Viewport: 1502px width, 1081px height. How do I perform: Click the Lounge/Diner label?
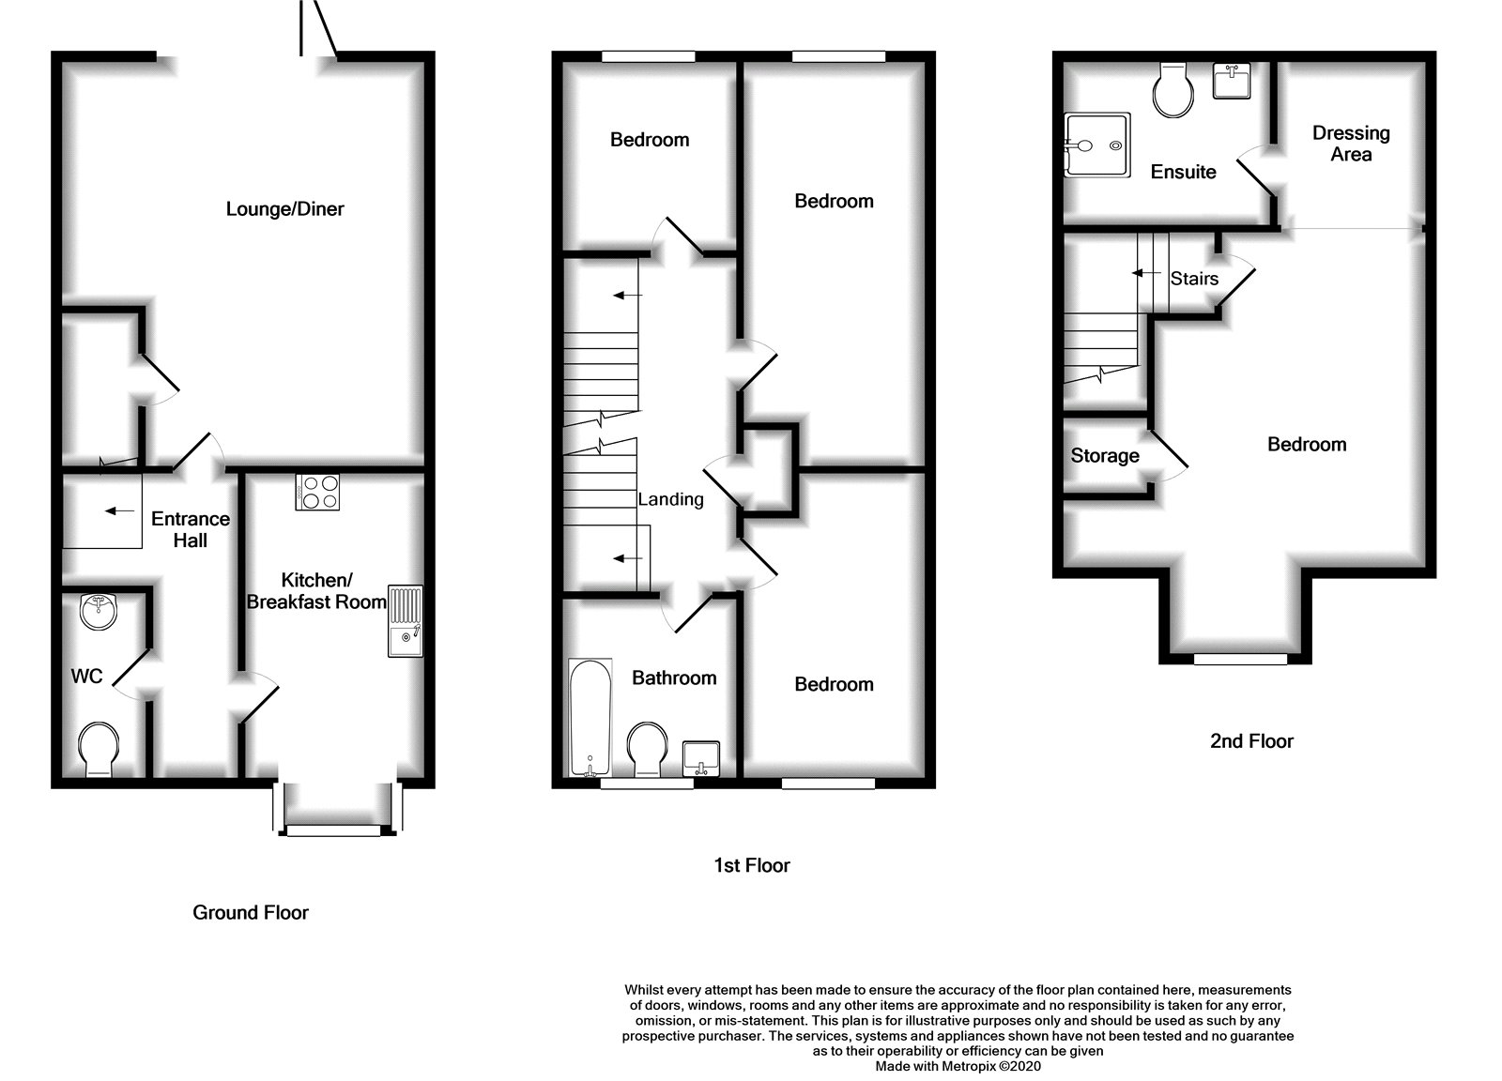pyautogui.click(x=285, y=209)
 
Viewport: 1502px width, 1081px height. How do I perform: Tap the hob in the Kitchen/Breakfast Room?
pyautogui.click(x=317, y=493)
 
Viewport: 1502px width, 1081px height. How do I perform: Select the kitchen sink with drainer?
pyautogui.click(x=406, y=621)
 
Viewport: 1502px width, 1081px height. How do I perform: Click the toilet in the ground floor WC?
pyautogui.click(x=99, y=750)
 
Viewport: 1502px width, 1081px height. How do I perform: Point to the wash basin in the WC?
pyautogui.click(x=98, y=611)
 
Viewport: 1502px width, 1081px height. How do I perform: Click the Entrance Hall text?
pyautogui.click(x=191, y=529)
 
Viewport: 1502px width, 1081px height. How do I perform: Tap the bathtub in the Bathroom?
pyautogui.click(x=590, y=718)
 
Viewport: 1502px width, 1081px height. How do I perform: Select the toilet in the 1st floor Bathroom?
pyautogui.click(x=648, y=750)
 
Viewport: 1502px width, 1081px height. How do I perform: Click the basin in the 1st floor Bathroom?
pyautogui.click(x=701, y=758)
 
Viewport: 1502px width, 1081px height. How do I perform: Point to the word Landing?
pyautogui.click(x=670, y=499)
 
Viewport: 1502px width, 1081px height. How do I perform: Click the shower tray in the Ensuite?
pyautogui.click(x=1097, y=145)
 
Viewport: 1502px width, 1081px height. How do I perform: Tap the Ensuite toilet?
pyautogui.click(x=1173, y=90)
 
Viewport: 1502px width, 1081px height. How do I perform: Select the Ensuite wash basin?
pyautogui.click(x=1232, y=81)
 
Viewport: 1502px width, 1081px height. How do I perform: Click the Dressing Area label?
pyautogui.click(x=1351, y=144)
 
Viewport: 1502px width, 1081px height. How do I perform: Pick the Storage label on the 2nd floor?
pyautogui.click(x=1105, y=456)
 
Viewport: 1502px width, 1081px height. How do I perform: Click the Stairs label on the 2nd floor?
pyautogui.click(x=1194, y=278)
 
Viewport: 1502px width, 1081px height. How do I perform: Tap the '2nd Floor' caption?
pyautogui.click(x=1252, y=740)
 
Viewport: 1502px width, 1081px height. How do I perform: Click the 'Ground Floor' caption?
pyautogui.click(x=250, y=912)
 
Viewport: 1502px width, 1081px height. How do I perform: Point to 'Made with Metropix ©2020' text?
pyautogui.click(x=958, y=1066)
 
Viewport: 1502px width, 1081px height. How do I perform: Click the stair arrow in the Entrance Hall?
pyautogui.click(x=119, y=511)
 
